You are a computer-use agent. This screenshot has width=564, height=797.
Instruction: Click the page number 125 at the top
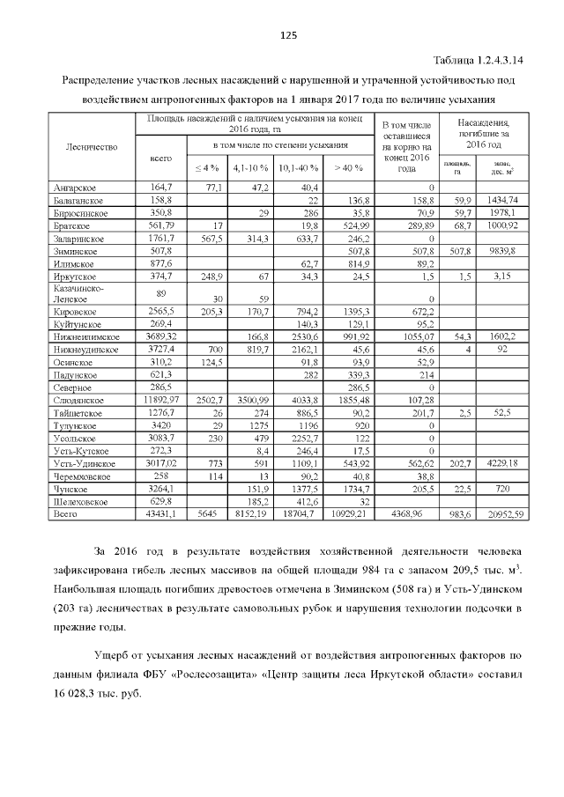pyautogui.click(x=286, y=35)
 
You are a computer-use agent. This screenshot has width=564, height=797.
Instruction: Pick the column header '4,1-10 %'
pyautogui.click(x=249, y=167)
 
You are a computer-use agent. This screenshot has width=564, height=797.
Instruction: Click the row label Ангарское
pyautogui.click(x=75, y=188)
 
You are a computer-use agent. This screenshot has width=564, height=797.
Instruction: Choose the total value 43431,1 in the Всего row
pyautogui.click(x=160, y=513)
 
